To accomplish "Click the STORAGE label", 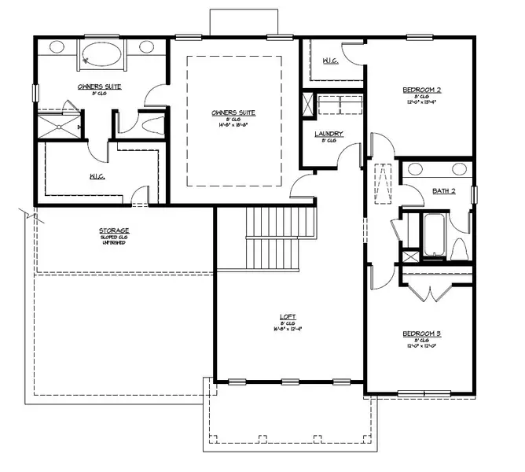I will pos(114,230).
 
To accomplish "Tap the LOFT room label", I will pos(288,317).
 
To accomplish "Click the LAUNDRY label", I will pos(329,135).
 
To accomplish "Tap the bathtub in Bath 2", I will pos(434,234).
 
